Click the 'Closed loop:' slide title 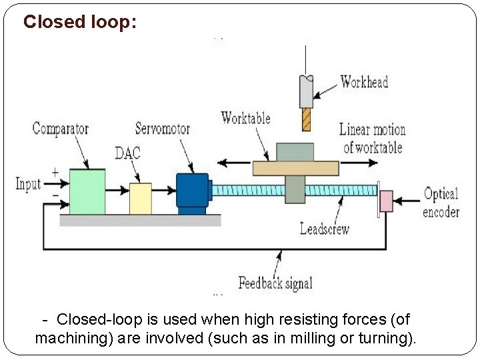pyautogui.click(x=80, y=22)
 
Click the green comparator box pyautogui.click(x=87, y=191)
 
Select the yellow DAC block pyautogui.click(x=140, y=198)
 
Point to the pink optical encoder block pyautogui.click(x=386, y=201)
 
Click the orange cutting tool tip pyautogui.click(x=306, y=119)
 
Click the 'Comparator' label pyautogui.click(x=61, y=129)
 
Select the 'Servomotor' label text pyautogui.click(x=162, y=128)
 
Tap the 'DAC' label pyautogui.click(x=127, y=153)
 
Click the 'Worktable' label pyautogui.click(x=245, y=118)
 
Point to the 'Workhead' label pyautogui.click(x=364, y=82)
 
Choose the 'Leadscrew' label pyautogui.click(x=325, y=229)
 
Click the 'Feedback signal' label pyautogui.click(x=275, y=283)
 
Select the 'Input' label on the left pyautogui.click(x=28, y=184)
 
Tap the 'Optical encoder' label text pyautogui.click(x=441, y=203)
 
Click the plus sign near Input pyautogui.click(x=54, y=172)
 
